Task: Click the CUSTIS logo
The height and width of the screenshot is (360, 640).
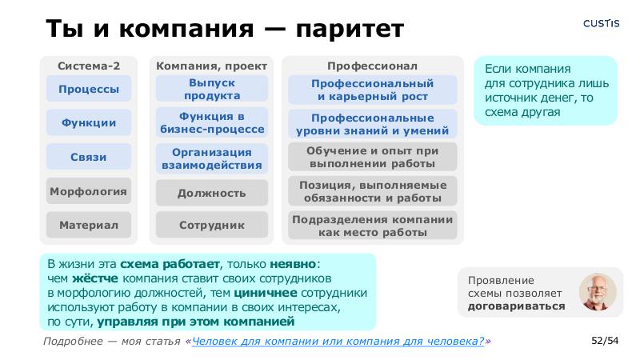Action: pyautogui.click(x=600, y=23)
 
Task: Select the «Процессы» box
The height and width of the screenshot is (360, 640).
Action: pyautogui.click(x=88, y=89)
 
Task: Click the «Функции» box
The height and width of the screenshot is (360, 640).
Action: pyautogui.click(x=88, y=123)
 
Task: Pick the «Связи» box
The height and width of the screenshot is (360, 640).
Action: pyautogui.click(x=88, y=158)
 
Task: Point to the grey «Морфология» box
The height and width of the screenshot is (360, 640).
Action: pyautogui.click(x=88, y=192)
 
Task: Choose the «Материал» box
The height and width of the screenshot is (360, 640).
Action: pyautogui.click(x=88, y=226)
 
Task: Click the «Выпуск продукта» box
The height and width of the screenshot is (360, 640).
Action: pyautogui.click(x=212, y=90)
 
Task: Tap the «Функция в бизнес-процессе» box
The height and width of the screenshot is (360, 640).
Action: pyautogui.click(x=212, y=123)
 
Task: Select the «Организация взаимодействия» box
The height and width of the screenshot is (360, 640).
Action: pyautogui.click(x=212, y=158)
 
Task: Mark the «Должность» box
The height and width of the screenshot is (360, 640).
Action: pyautogui.click(x=212, y=193)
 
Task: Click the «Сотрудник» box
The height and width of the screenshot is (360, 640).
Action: pyautogui.click(x=212, y=226)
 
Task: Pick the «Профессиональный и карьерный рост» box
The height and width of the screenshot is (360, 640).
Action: pyautogui.click(x=373, y=90)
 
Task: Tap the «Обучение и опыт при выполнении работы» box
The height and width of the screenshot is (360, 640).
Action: pyautogui.click(x=373, y=157)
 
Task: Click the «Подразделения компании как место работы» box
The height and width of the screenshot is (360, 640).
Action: pyautogui.click(x=373, y=226)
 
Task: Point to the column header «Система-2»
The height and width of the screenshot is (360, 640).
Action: pyautogui.click(x=89, y=66)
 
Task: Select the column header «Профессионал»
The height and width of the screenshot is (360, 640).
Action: pyautogui.click(x=373, y=66)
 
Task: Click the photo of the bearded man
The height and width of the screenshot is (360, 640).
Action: pyautogui.click(x=598, y=292)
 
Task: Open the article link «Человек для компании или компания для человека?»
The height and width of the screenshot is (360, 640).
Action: pyautogui.click(x=338, y=342)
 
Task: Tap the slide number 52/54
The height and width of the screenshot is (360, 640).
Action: pyautogui.click(x=605, y=342)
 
